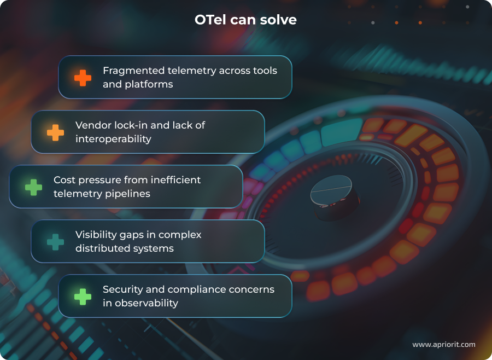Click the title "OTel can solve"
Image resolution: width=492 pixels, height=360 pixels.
[x=245, y=20]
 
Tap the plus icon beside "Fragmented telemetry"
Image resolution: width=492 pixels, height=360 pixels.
[x=83, y=78]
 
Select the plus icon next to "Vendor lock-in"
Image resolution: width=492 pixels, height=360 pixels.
[x=55, y=132]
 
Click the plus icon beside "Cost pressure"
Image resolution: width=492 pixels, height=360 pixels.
[x=34, y=187]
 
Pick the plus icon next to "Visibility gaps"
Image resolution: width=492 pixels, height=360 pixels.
[x=55, y=242]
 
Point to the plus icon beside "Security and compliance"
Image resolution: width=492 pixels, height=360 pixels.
[x=83, y=297]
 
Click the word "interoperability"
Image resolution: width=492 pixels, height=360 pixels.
[x=113, y=139]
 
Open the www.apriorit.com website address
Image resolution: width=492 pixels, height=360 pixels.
[x=443, y=345]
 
